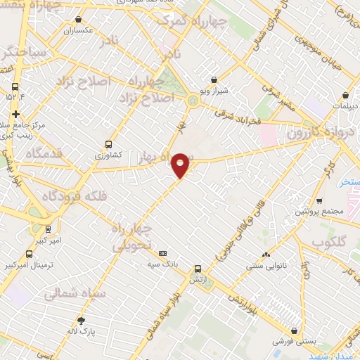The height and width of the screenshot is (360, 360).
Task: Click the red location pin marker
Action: pyautogui.click(x=181, y=165)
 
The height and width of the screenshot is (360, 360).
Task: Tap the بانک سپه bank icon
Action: pyautogui.click(x=163, y=253)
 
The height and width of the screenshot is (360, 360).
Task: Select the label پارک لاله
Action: pyautogui.click(x=83, y=330)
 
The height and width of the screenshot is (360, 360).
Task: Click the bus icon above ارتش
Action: pyautogui.click(x=198, y=268)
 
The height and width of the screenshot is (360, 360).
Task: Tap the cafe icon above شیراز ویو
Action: pyautogui.click(x=214, y=80)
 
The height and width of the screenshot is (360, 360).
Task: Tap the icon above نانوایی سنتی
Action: pyautogui.click(x=266, y=255)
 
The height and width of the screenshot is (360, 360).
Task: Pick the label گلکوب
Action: pyautogui.click(x=330, y=243)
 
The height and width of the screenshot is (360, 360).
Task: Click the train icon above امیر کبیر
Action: pyautogui.click(x=48, y=229)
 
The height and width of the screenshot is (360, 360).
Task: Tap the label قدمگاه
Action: pyautogui.click(x=44, y=153)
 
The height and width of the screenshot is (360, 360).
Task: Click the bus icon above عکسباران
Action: pyautogui.click(x=78, y=19)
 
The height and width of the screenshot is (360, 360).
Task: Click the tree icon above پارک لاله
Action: pyautogui.click(x=82, y=319)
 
